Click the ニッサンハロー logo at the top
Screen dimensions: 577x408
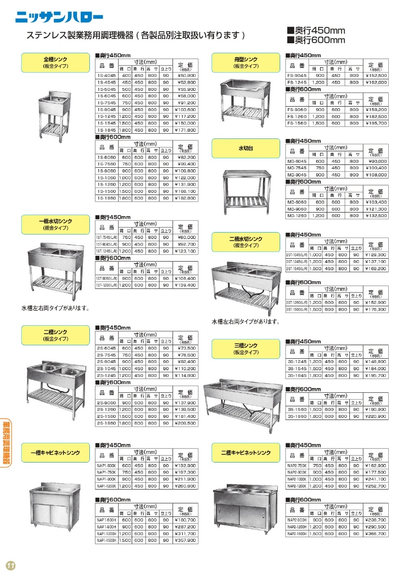(x=59, y=17)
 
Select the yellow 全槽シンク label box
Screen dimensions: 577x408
(x=55, y=63)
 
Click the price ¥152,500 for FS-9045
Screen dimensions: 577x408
(x=375, y=75)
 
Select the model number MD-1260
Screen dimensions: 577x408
(x=297, y=216)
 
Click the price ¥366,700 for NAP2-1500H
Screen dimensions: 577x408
(x=375, y=534)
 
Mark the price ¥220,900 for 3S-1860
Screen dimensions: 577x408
(x=375, y=416)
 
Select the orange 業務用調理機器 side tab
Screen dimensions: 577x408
(x=7, y=442)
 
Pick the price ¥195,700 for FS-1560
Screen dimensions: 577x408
(x=375, y=123)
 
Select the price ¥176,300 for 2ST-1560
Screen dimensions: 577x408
(x=375, y=310)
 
